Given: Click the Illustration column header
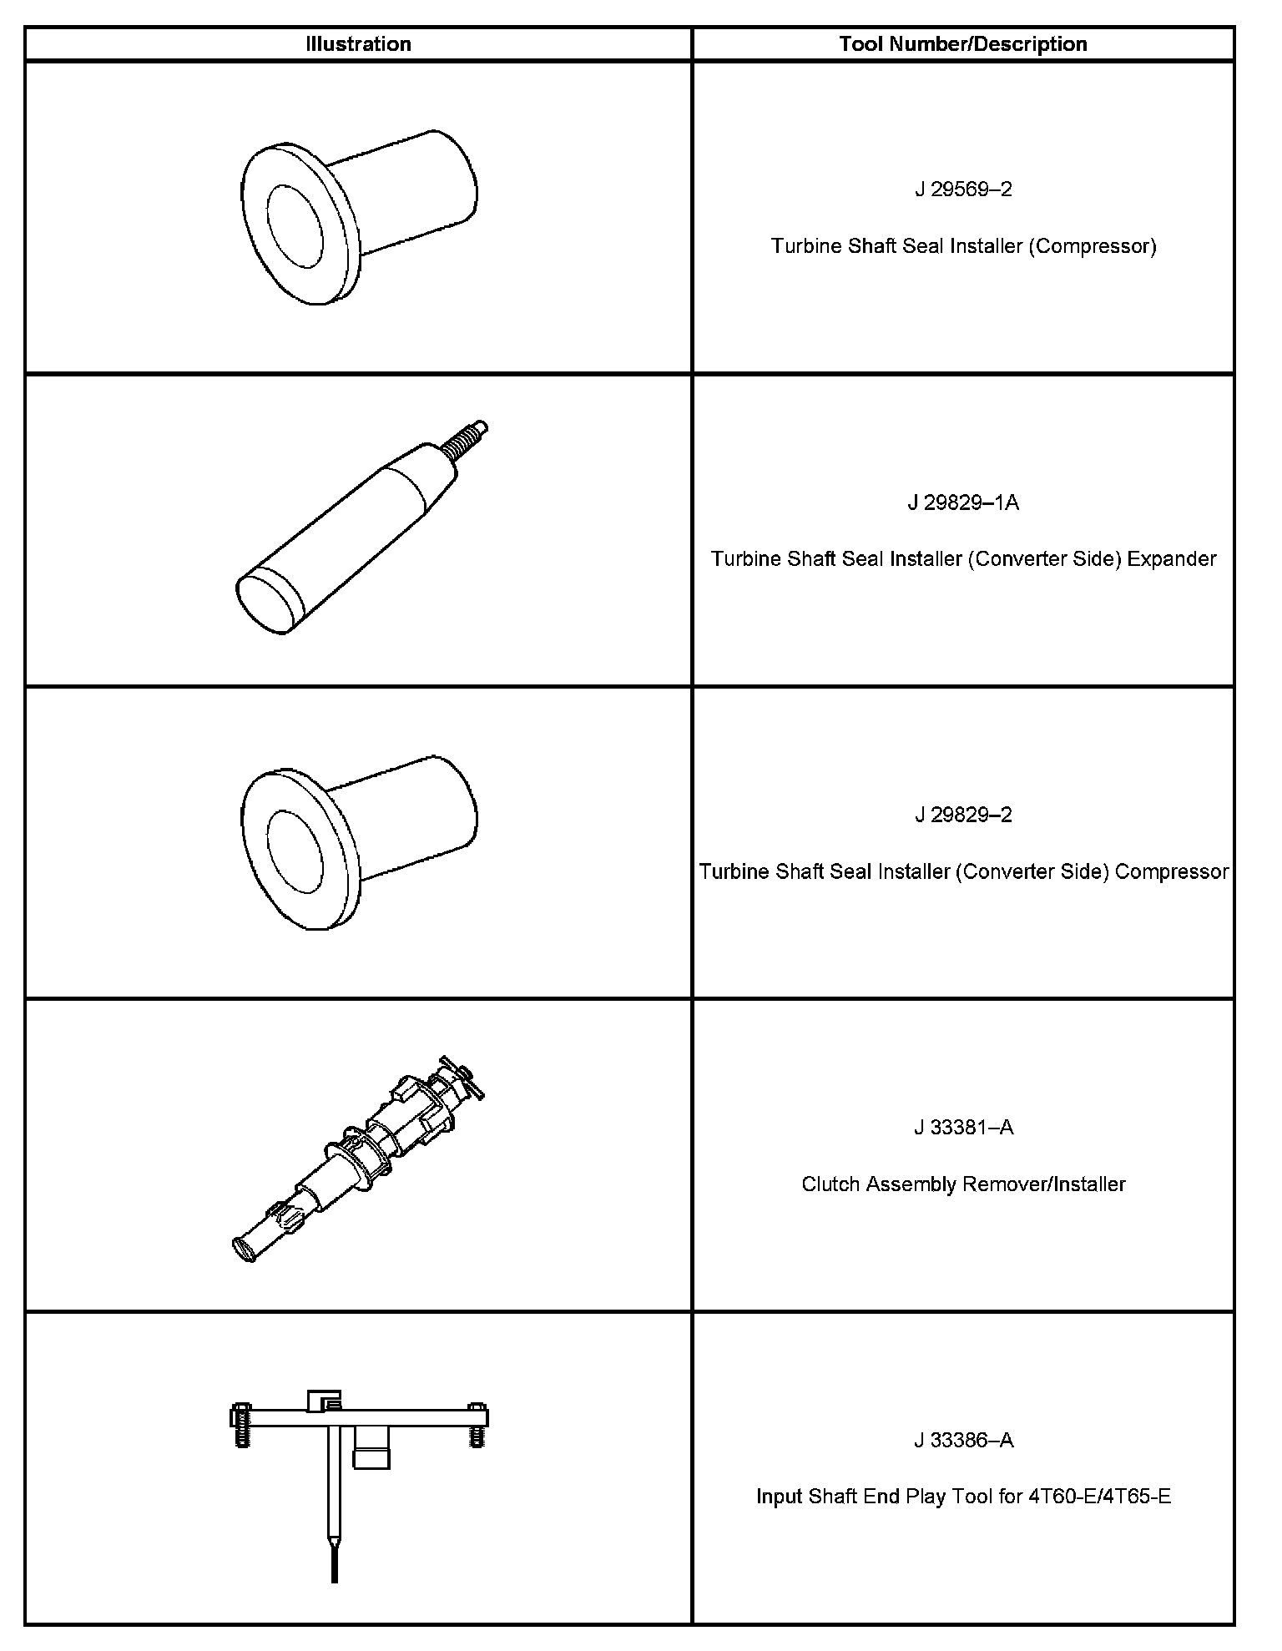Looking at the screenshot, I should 358,44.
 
